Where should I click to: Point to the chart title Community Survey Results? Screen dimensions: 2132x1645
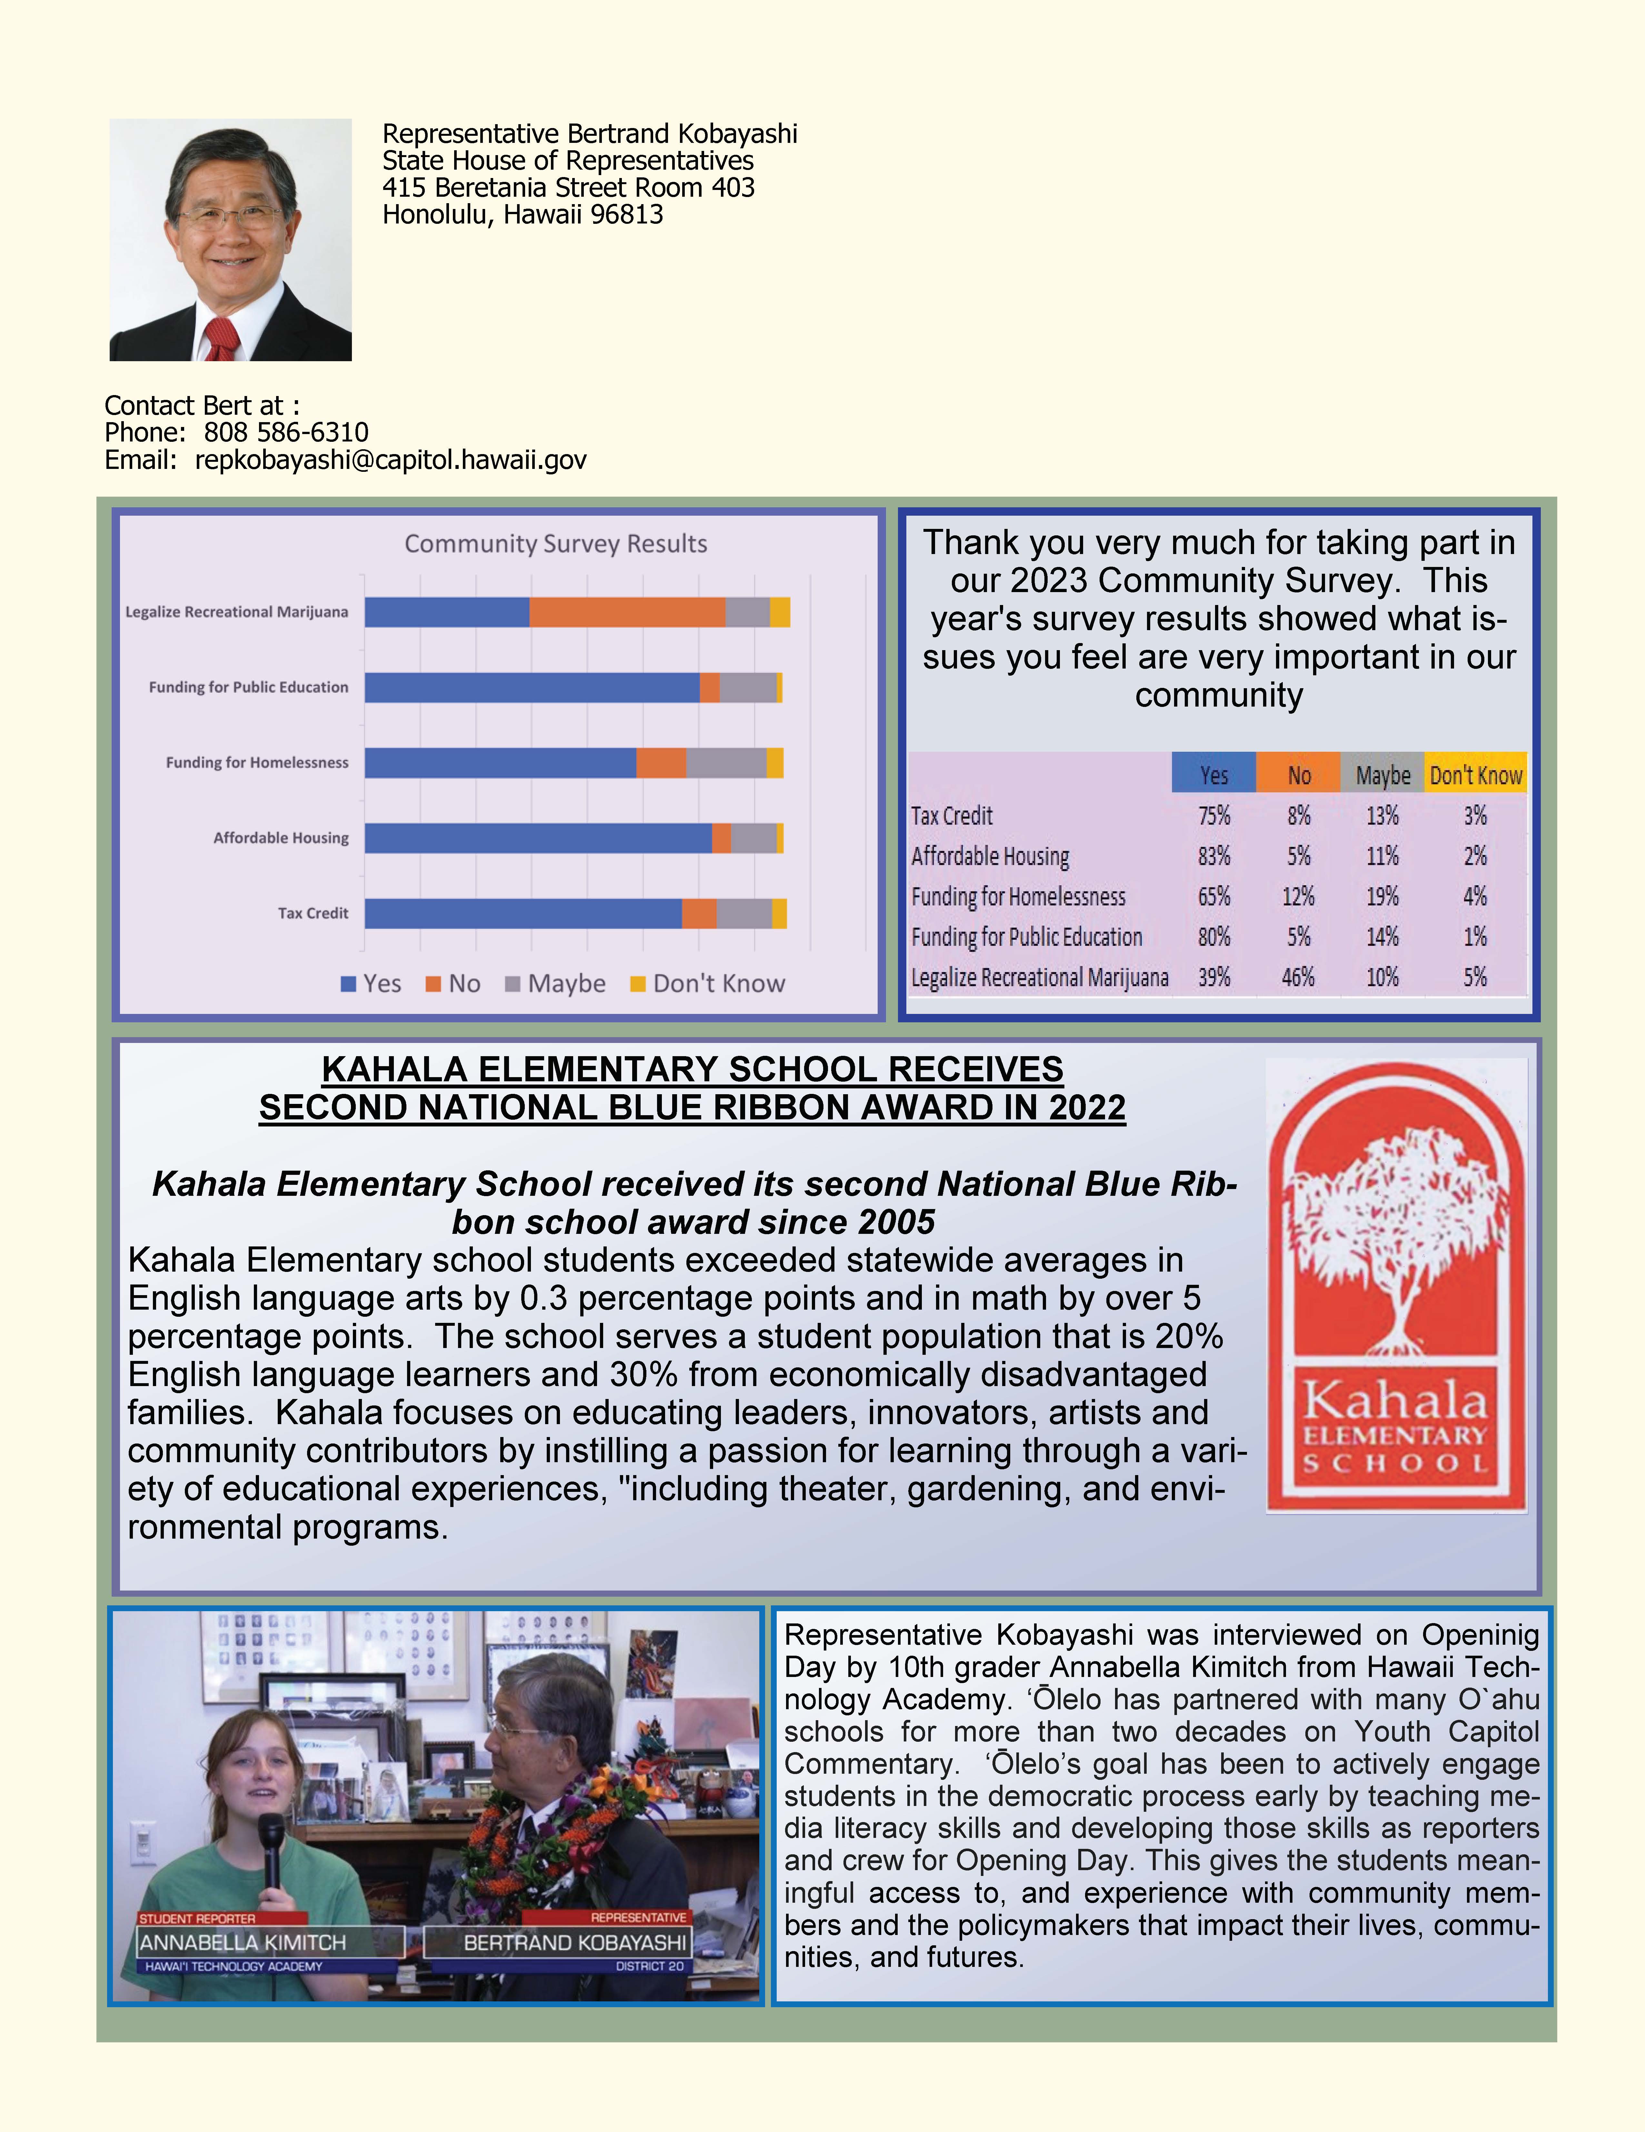tap(555, 544)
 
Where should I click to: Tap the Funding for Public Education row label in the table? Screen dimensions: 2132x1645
tap(1026, 937)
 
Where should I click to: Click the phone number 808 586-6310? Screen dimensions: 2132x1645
tap(286, 432)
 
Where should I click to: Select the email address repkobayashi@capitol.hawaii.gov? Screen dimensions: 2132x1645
tap(391, 460)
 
